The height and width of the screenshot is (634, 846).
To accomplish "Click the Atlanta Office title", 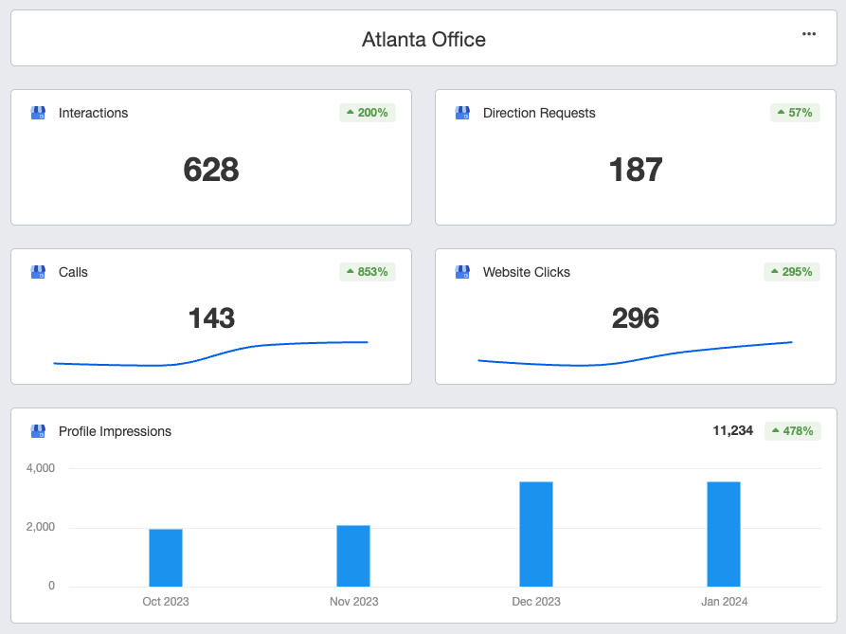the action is click(423, 40).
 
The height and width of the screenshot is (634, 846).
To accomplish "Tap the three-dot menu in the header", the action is click(809, 34).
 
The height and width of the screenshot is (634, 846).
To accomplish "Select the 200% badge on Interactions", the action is click(368, 113).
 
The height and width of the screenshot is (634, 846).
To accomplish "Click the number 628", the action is click(211, 170).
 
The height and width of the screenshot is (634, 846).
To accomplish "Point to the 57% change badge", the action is click(795, 113).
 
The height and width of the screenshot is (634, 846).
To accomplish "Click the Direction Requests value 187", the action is click(636, 170).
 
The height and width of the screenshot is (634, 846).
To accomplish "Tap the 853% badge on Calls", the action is click(368, 272).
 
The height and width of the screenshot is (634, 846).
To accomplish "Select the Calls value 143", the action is click(211, 317).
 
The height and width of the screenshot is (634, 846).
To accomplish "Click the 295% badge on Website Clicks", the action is click(791, 272).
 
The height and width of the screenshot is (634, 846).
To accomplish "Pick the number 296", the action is click(636, 317).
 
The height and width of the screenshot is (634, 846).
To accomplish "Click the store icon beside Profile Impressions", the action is click(38, 431).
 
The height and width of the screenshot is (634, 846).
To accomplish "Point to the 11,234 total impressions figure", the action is click(732, 430).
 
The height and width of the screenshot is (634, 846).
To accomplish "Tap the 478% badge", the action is click(793, 431).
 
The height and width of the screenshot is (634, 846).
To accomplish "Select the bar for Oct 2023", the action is click(166, 557).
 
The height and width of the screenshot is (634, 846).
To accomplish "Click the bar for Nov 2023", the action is click(353, 555).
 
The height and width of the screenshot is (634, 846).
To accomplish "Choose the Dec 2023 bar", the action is click(536, 534).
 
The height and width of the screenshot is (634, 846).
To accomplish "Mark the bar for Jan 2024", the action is click(724, 534).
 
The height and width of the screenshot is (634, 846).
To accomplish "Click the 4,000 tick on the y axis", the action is click(41, 468).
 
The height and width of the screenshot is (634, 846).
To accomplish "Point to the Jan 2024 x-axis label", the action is click(724, 602).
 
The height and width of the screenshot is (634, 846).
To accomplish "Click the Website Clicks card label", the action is click(527, 272).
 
